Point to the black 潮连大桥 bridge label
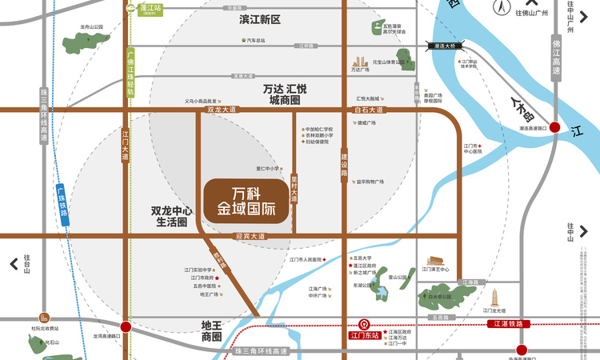(444, 46)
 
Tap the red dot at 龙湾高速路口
(126, 326)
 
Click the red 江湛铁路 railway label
(507, 323)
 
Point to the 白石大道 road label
(369, 110)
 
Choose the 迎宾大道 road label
(250, 236)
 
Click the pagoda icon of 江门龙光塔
(496, 296)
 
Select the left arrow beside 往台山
(14, 263)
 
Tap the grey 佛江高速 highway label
(556, 58)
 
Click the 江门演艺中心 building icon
(436, 262)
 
